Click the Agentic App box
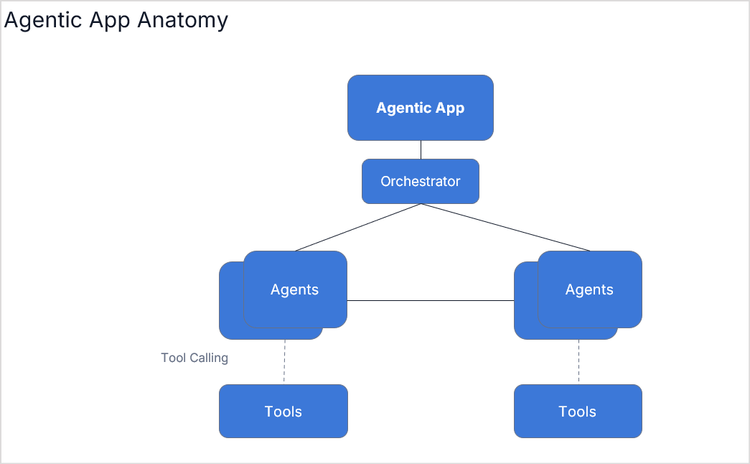click(421, 108)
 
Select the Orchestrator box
click(421, 181)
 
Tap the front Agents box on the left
click(295, 289)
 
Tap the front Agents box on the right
click(590, 289)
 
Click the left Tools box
click(283, 411)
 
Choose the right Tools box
click(578, 411)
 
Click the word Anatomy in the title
click(182, 20)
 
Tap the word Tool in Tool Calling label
click(174, 358)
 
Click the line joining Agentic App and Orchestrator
click(421, 149)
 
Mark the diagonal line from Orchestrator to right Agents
click(505, 227)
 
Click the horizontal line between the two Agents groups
click(431, 300)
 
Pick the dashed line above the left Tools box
click(284, 362)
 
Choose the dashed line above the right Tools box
click(578, 362)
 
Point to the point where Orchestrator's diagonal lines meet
click(421, 204)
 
